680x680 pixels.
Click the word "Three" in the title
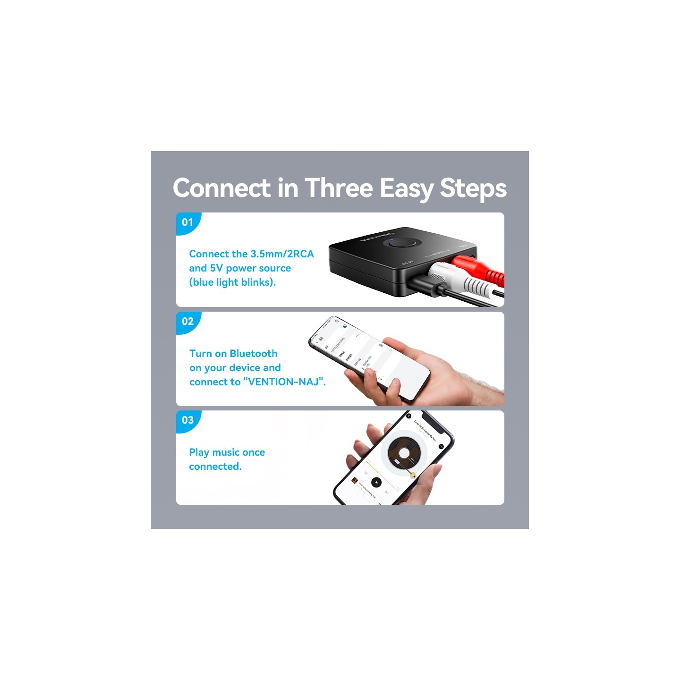click(x=339, y=188)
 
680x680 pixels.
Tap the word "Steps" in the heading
click(x=473, y=189)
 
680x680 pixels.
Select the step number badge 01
click(x=187, y=222)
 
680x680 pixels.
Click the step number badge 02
click(x=187, y=321)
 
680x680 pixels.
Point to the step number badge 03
click(x=187, y=420)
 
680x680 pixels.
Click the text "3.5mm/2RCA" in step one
click(x=282, y=254)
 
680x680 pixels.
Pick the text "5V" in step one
click(x=216, y=268)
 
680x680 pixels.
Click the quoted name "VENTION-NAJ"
click(x=284, y=382)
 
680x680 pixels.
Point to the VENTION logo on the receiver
click(x=376, y=236)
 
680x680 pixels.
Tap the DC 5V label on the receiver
click(x=407, y=263)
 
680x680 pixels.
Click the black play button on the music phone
click(x=376, y=482)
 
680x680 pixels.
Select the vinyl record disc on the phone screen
click(x=404, y=453)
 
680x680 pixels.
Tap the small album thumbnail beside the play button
click(x=354, y=481)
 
